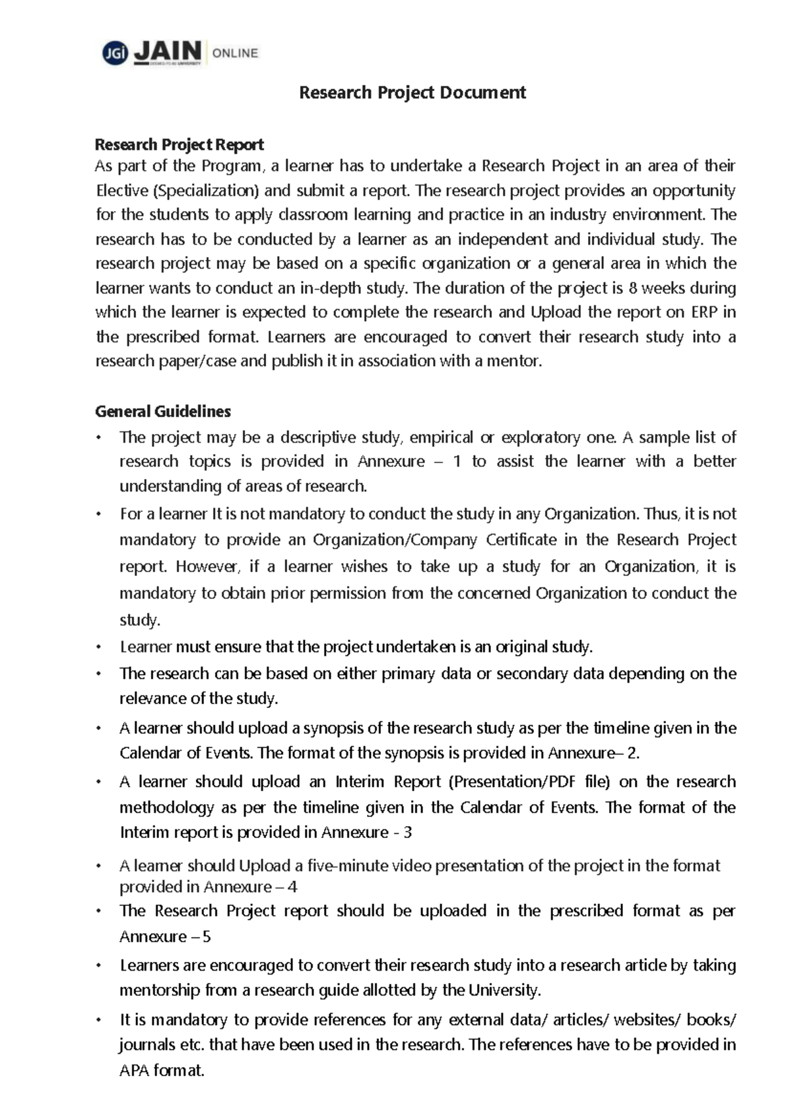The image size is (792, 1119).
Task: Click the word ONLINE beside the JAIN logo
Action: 235,53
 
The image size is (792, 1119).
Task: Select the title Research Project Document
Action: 412,92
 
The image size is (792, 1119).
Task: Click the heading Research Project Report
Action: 180,144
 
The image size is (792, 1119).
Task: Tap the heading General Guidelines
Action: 163,412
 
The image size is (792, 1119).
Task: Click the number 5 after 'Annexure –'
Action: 207,937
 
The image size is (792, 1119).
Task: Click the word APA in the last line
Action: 134,1071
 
